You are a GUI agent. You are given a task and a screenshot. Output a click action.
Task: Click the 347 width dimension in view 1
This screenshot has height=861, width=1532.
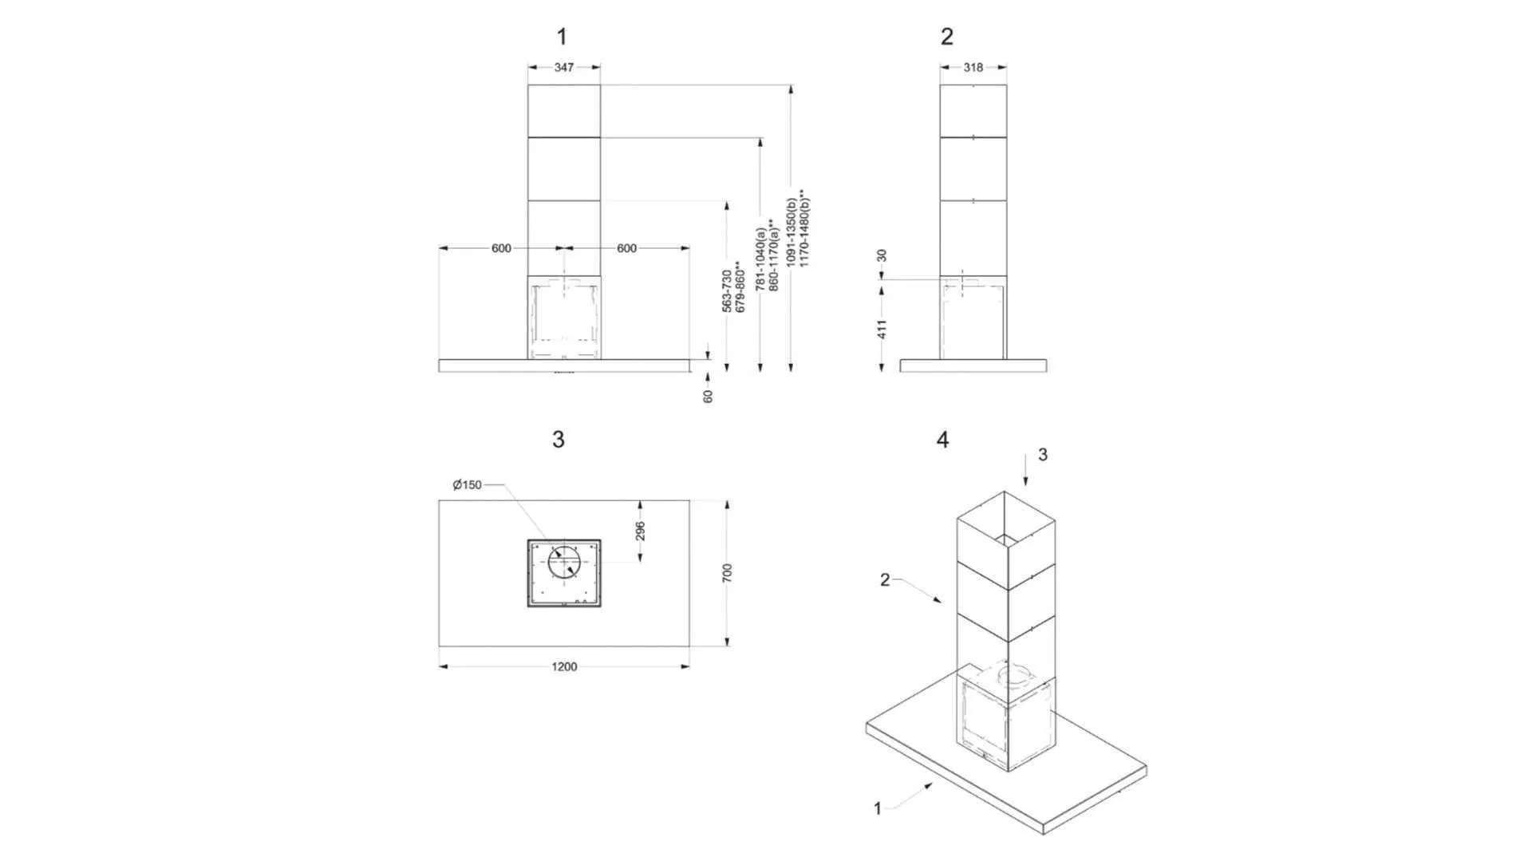564,68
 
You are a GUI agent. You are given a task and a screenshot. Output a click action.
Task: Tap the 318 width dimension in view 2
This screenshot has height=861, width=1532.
973,68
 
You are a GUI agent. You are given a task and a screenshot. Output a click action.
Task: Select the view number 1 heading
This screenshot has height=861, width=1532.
562,37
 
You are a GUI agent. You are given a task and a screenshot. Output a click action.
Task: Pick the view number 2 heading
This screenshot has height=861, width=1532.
947,37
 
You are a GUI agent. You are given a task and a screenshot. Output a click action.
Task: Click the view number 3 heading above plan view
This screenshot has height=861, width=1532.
559,440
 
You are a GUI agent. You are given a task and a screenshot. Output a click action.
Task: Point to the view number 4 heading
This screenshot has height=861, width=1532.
943,440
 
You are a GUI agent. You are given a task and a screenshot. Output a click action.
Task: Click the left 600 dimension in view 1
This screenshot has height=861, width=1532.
501,249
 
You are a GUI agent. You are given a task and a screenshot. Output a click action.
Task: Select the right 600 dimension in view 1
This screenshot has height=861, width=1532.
626,249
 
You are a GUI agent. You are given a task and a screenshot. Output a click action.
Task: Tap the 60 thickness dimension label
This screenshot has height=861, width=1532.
708,396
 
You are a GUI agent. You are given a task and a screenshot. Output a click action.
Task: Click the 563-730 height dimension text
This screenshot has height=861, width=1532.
727,290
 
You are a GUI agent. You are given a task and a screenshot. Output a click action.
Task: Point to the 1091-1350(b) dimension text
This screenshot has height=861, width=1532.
791,232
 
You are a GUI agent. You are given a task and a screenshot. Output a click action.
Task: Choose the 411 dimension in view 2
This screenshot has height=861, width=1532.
882,329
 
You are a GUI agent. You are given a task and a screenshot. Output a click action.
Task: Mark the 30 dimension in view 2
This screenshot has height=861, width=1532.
882,255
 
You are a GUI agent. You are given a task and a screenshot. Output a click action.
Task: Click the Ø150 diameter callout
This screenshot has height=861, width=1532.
468,485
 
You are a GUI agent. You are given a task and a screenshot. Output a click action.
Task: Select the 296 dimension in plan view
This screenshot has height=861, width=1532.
640,531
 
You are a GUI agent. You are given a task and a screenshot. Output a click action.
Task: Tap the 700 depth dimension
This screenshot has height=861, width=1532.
727,573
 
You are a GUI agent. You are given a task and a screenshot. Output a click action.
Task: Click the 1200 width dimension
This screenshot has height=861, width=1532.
564,667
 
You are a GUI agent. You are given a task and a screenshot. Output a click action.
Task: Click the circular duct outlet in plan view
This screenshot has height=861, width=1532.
564,563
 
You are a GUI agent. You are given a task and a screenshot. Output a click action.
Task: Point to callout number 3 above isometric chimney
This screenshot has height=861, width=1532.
1042,455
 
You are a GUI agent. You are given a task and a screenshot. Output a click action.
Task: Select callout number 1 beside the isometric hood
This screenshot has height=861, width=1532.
878,809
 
